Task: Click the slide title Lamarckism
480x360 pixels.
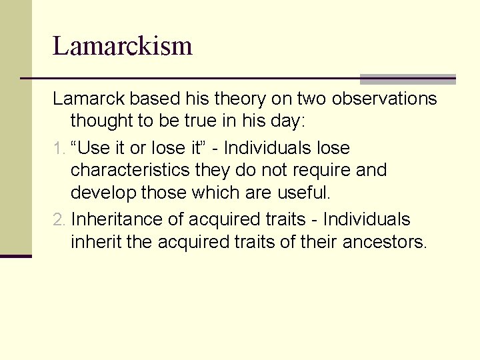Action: click(123, 46)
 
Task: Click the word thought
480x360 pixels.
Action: click(100, 122)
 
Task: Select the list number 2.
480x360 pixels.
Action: click(57, 219)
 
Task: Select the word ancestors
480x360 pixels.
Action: click(384, 242)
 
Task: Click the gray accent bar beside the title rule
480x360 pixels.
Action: click(407, 79)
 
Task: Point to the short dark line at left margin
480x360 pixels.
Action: click(15, 255)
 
